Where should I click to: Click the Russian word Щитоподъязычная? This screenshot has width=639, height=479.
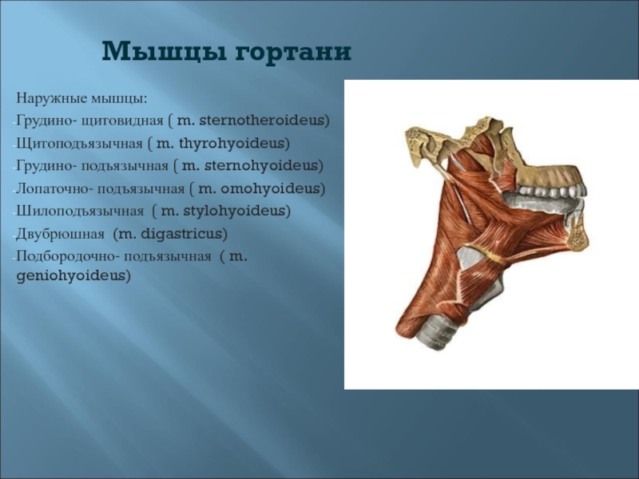[79, 144]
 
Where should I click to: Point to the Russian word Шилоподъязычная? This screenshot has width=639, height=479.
[80, 212]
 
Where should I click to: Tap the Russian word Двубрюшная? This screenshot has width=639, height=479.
[61, 234]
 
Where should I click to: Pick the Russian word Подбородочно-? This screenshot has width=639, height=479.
[68, 257]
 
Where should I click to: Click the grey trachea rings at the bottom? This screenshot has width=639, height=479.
[439, 331]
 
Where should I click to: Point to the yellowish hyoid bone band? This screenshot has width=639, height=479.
[485, 252]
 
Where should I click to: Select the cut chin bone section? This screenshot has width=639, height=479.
[577, 236]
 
